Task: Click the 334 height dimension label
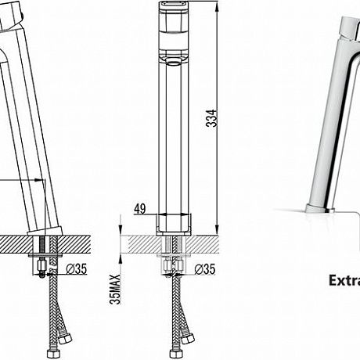coord(211,118)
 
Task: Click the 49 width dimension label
coord(140,208)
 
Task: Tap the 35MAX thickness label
coord(115,290)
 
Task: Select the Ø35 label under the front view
coord(205,269)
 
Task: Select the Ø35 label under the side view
coord(77,268)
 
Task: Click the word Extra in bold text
coord(344,281)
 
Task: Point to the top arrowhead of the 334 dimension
coord(216,7)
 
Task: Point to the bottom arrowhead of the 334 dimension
coord(216,229)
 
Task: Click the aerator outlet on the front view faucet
coord(174,62)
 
